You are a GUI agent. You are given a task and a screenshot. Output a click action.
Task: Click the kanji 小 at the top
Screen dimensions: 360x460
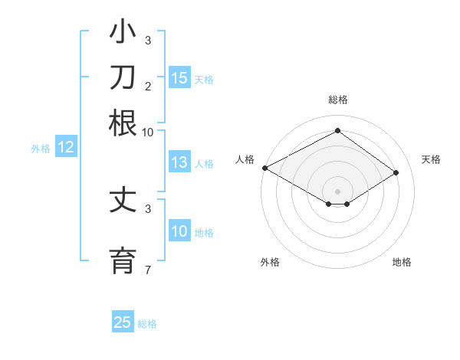(123, 34)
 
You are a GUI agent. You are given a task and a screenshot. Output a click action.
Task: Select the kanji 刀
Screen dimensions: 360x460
(123, 79)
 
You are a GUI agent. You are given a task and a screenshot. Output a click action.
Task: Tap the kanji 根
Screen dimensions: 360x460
(123, 123)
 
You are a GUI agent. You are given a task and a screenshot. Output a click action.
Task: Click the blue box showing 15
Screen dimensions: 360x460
(179, 77)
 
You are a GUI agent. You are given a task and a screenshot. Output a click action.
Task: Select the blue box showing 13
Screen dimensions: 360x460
(179, 162)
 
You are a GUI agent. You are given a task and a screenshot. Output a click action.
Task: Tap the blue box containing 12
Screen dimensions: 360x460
(66, 148)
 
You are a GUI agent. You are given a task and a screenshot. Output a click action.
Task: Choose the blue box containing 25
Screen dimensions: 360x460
(123, 322)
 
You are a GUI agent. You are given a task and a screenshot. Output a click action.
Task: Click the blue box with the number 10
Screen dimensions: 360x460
(179, 231)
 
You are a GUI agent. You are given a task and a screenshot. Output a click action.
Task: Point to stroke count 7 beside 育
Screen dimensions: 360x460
(148, 270)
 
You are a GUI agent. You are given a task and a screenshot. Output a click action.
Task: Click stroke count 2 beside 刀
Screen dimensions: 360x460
(148, 86)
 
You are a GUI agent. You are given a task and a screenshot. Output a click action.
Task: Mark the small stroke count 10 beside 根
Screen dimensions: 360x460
(147, 132)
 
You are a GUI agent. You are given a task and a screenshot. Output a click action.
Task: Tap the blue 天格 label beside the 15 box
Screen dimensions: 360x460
(204, 79)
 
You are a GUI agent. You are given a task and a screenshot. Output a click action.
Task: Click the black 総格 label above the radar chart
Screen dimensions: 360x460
(337, 100)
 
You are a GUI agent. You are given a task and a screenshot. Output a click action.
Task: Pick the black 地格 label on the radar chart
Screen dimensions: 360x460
(402, 263)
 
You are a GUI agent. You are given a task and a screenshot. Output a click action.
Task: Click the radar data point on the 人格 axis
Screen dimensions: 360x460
(264, 168)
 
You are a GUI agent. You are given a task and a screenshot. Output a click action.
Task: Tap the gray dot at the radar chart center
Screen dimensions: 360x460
(337, 191)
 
